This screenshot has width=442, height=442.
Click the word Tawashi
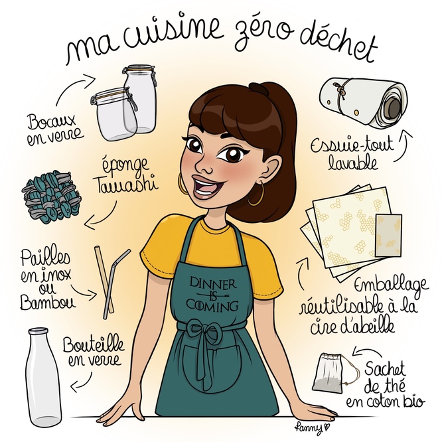(x=127, y=185)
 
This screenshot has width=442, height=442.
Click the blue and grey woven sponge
(x=52, y=196)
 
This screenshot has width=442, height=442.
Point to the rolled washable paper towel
(x=364, y=103)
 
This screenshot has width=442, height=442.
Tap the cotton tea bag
(x=329, y=372)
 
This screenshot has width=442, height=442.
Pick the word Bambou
(x=48, y=303)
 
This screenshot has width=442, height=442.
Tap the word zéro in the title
(x=263, y=31)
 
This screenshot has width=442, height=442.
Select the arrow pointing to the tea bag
(x=366, y=351)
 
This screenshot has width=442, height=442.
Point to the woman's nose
(x=204, y=167)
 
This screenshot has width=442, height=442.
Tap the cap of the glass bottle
(x=38, y=331)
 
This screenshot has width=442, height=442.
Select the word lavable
(x=353, y=163)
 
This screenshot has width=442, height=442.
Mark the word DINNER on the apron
(x=213, y=283)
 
